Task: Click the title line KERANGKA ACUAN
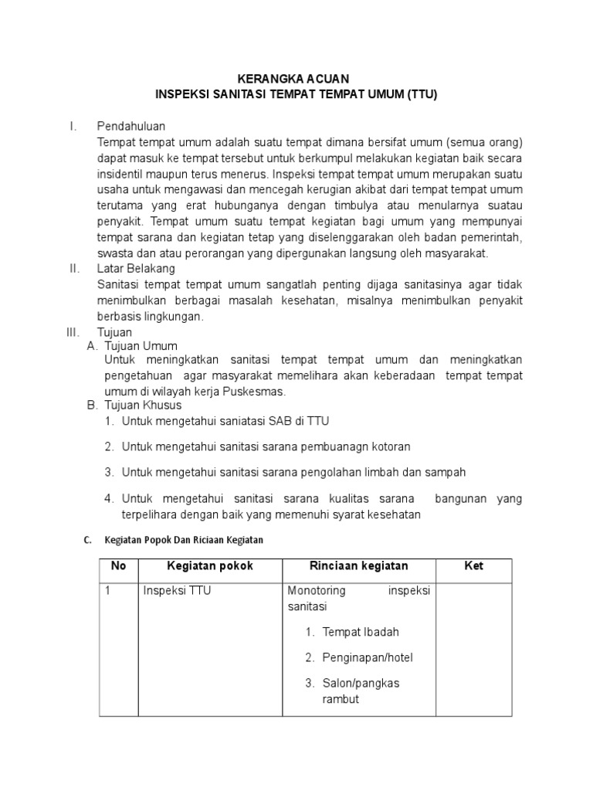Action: tap(296, 79)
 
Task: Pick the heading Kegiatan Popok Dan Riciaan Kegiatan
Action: tap(184, 540)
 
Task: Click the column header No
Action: tap(118, 566)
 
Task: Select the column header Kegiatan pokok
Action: tap(210, 566)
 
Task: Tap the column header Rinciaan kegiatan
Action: tap(358, 566)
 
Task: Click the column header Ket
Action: tap(473, 566)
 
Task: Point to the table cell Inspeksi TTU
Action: tap(178, 591)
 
